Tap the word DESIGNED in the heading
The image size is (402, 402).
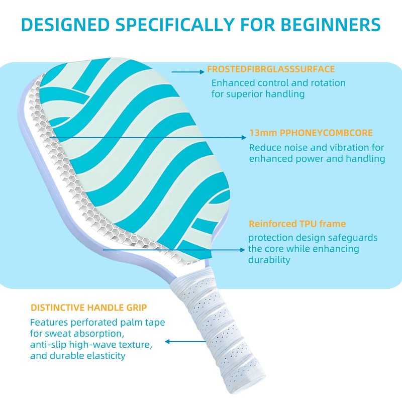click(65, 25)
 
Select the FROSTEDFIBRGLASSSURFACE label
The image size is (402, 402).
click(271, 69)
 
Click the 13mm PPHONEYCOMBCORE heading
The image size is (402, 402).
click(311, 133)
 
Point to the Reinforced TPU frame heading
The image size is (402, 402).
click(297, 224)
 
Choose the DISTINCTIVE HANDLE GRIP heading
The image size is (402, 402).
click(89, 308)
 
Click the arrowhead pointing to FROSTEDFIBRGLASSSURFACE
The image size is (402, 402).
click(202, 72)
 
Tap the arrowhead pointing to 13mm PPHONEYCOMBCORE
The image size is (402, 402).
click(244, 137)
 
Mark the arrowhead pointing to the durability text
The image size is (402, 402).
click(243, 249)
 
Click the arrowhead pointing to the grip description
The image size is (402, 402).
click(167, 342)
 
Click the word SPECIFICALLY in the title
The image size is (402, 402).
click(175, 25)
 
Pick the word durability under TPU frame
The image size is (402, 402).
click(269, 260)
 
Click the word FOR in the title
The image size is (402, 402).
click(258, 25)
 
